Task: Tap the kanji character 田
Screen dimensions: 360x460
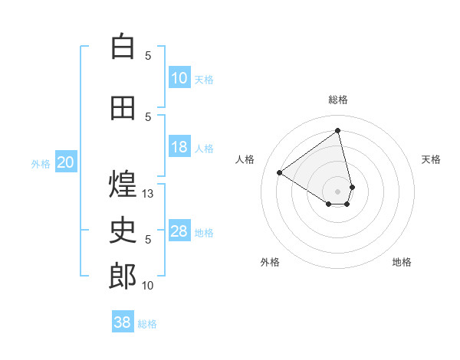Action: [x=123, y=108]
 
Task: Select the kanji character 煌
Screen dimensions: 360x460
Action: [x=123, y=185]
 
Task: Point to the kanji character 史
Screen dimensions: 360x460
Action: [x=123, y=231]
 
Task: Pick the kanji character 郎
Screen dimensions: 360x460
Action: [x=123, y=277]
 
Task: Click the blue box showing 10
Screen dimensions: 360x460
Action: [x=179, y=78]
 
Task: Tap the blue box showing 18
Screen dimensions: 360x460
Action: [x=179, y=147]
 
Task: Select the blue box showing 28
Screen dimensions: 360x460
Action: [x=179, y=231]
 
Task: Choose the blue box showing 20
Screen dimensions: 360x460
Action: [x=66, y=162]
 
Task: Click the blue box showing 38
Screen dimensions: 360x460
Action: [x=123, y=322]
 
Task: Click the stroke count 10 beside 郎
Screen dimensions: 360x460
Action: [x=148, y=286]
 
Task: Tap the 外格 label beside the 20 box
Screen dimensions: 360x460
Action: [x=41, y=163]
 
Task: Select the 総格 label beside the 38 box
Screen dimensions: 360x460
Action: [x=147, y=324]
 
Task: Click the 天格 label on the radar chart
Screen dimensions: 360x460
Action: [x=432, y=159]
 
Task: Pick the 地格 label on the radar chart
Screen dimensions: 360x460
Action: [x=402, y=262]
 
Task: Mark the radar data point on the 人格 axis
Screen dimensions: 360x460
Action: [x=280, y=172]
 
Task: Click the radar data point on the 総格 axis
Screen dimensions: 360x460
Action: [x=337, y=130]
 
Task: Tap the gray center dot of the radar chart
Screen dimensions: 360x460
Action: [x=337, y=191]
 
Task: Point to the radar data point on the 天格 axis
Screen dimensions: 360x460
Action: [x=352, y=186]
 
